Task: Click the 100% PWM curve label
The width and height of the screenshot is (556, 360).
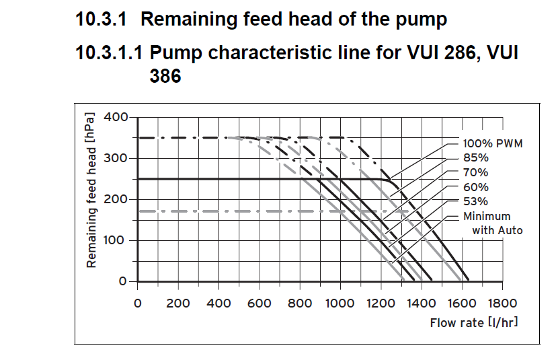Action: pyautogui.click(x=493, y=143)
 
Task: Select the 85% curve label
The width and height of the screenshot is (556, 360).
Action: pyautogui.click(x=475, y=157)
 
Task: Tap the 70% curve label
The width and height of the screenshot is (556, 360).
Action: pyautogui.click(x=475, y=172)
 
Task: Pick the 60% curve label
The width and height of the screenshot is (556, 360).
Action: pyautogui.click(x=475, y=187)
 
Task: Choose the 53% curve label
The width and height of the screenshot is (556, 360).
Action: pyautogui.click(x=475, y=201)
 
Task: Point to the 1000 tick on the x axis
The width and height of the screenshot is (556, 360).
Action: pyautogui.click(x=340, y=303)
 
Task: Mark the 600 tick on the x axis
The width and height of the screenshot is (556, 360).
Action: pyautogui.click(x=259, y=303)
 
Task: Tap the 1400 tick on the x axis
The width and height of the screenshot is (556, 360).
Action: pyautogui.click(x=421, y=303)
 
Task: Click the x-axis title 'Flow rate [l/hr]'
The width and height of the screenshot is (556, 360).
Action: pyautogui.click(x=474, y=323)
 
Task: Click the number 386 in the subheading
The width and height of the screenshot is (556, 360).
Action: pyautogui.click(x=165, y=77)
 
